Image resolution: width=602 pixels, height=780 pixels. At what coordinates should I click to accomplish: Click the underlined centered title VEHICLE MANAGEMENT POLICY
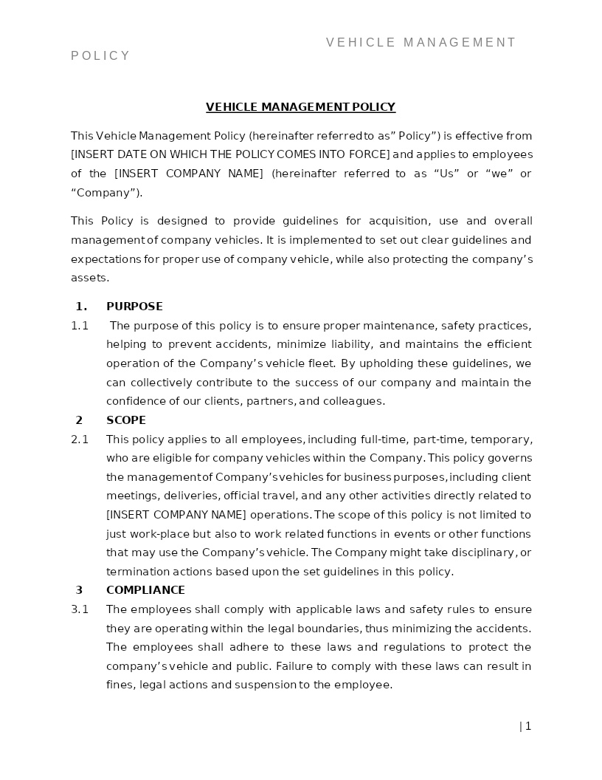300,107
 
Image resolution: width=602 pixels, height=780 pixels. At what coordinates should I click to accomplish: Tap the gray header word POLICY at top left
100,56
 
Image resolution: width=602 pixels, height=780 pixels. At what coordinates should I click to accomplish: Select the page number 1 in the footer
528,726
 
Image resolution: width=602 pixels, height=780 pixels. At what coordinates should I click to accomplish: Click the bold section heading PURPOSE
134,307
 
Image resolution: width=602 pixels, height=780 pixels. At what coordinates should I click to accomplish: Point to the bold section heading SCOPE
126,420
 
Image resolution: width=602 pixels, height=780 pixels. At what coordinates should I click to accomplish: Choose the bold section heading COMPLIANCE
145,590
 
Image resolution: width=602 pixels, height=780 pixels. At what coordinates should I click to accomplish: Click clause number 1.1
80,326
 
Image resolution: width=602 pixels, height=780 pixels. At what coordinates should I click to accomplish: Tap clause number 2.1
80,439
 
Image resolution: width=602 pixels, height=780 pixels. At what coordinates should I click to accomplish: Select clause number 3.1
80,609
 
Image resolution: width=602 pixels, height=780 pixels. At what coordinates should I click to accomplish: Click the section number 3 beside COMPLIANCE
79,590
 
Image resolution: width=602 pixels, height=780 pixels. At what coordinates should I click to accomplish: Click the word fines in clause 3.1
120,685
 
